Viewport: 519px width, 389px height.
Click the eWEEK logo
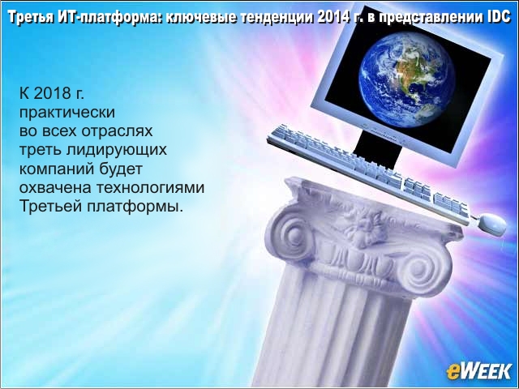point(479,371)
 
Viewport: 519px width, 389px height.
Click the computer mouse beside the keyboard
point(492,224)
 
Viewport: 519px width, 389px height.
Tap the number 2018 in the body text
point(53,94)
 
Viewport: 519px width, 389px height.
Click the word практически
point(67,113)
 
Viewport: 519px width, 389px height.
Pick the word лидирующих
point(116,151)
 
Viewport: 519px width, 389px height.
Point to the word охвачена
point(55,188)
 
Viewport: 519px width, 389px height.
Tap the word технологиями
point(151,188)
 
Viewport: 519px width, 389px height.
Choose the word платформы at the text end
point(135,207)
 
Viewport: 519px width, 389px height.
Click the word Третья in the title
point(30,18)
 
